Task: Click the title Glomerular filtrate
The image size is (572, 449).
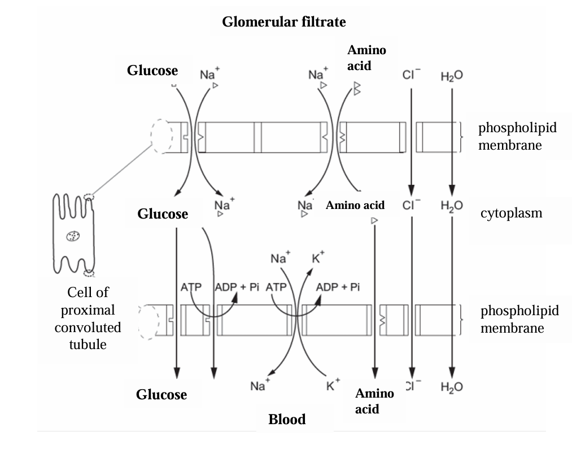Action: point(283,22)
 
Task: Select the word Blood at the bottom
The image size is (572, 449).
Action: point(287,419)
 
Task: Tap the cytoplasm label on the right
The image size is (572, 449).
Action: point(511,213)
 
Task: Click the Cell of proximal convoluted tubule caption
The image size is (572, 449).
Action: point(88,319)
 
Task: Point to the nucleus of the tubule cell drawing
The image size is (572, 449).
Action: point(72,236)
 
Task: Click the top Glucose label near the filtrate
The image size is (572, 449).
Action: point(152,71)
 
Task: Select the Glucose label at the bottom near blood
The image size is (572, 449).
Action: point(161,395)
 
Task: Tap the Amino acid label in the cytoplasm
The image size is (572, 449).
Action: point(355,206)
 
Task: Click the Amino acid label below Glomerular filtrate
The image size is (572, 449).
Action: point(366,58)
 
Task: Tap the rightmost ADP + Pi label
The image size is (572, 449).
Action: point(338,286)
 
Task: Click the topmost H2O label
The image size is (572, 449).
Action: point(452,76)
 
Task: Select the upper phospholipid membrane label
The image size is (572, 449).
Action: point(517,136)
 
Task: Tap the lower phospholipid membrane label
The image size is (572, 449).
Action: point(519,319)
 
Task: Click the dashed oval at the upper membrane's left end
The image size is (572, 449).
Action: point(162,136)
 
